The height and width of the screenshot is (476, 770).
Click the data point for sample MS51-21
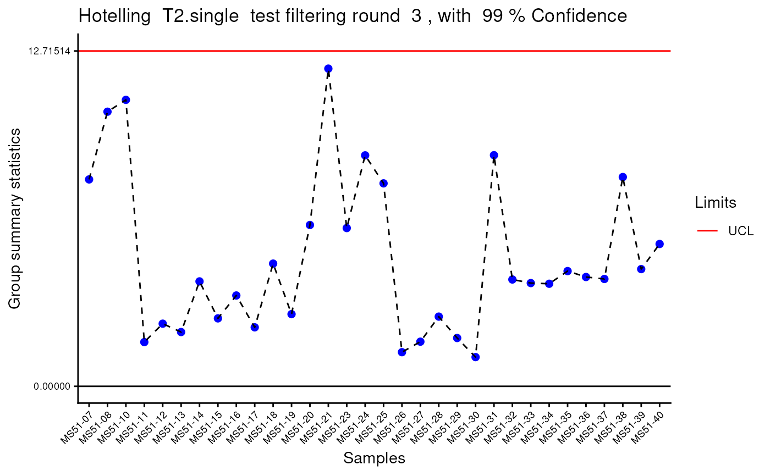pyautogui.click(x=328, y=69)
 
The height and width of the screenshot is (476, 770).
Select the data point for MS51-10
pyautogui.click(x=126, y=100)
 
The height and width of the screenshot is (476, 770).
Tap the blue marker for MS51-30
pyautogui.click(x=476, y=357)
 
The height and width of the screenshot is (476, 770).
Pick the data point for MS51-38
pyautogui.click(x=623, y=177)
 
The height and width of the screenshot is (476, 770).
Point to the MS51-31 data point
pyautogui.click(x=494, y=155)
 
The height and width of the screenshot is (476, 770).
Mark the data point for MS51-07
pyautogui.click(x=89, y=179)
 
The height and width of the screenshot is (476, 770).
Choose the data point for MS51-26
pyautogui.click(x=402, y=352)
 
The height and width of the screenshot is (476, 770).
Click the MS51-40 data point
pyautogui.click(x=659, y=244)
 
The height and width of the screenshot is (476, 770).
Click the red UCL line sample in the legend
pyautogui.click(x=707, y=231)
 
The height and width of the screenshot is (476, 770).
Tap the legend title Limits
pyautogui.click(x=716, y=203)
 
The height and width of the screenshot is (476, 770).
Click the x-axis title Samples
pyautogui.click(x=374, y=458)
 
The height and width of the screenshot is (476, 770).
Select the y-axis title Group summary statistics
pyautogui.click(x=15, y=218)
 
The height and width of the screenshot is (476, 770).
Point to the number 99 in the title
pyautogui.click(x=492, y=16)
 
